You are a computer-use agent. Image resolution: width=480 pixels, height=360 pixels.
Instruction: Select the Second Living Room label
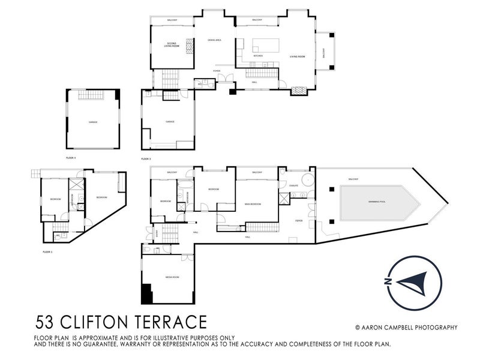(x=173, y=45)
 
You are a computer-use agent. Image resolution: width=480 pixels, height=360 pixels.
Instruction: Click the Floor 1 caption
(x=47, y=252)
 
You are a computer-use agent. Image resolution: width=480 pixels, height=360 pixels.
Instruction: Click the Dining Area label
(x=214, y=40)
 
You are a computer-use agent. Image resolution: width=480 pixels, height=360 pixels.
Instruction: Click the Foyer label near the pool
(x=298, y=220)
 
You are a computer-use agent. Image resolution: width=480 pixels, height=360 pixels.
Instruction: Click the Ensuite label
(x=293, y=186)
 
